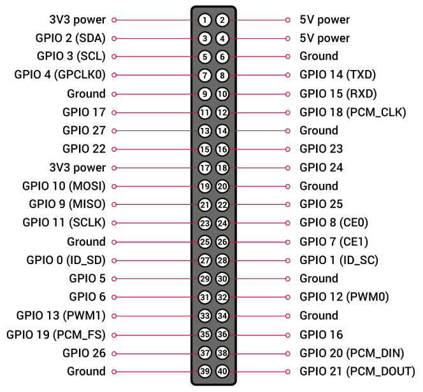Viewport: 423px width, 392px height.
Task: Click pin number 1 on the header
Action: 204,20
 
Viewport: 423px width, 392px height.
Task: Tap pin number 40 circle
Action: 222,371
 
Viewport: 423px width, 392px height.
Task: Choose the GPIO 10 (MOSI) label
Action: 63,186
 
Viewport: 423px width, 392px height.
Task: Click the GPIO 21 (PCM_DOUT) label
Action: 357,371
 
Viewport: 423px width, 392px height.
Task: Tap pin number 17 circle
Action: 204,168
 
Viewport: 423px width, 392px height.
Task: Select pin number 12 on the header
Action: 222,113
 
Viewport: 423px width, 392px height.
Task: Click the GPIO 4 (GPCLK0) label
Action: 59,75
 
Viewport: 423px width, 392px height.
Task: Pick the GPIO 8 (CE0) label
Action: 334,223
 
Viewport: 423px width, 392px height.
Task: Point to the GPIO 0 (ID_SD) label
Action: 66,260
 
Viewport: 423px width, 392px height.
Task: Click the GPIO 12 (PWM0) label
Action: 344,297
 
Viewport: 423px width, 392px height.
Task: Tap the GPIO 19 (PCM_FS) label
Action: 56,334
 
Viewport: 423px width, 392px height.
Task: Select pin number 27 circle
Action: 204,260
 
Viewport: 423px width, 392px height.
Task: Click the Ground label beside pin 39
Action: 86,371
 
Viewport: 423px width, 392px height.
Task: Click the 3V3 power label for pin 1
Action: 77,20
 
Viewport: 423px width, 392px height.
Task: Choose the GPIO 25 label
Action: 321,204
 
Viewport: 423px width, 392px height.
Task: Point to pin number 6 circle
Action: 222,57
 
